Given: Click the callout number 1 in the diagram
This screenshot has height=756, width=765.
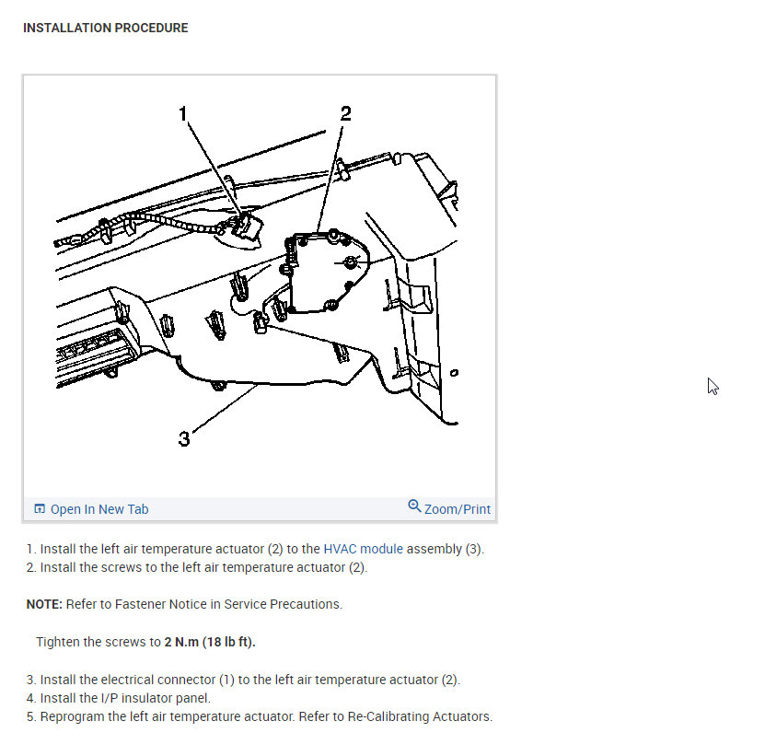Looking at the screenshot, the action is click(x=183, y=113).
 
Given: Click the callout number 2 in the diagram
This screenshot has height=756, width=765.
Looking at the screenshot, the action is click(x=345, y=113).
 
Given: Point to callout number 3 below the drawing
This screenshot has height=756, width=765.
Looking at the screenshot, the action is click(x=184, y=438).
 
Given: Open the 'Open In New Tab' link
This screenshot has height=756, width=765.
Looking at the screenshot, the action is click(x=91, y=509).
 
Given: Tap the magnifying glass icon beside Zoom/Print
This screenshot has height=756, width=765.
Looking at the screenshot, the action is click(x=414, y=506).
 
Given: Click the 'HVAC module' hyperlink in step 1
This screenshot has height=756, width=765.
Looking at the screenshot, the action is click(x=363, y=549).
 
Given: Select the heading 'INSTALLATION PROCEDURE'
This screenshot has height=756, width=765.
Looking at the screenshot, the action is click(x=105, y=28).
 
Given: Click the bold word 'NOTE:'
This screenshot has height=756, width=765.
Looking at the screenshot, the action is click(x=44, y=604).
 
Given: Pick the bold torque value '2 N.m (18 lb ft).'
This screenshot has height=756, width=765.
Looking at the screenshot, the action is click(x=210, y=642).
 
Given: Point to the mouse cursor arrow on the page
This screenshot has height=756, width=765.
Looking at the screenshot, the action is click(x=713, y=386).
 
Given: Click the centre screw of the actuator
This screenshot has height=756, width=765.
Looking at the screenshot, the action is click(x=351, y=262).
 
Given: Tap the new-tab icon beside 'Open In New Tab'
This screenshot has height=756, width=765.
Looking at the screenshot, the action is click(x=40, y=508).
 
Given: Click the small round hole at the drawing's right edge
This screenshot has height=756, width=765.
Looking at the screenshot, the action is click(x=454, y=373).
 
